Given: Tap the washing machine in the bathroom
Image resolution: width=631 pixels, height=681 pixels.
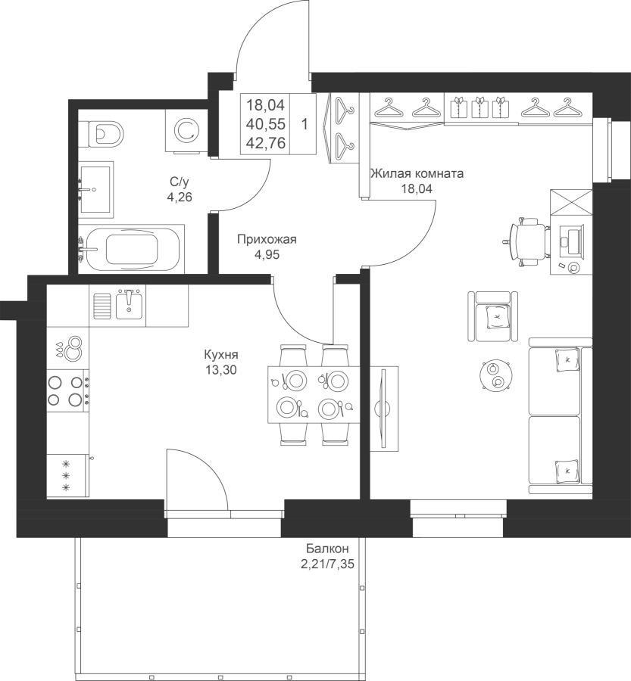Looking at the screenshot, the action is point(186,131).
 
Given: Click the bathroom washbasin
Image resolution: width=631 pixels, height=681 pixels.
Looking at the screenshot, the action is point(96,189).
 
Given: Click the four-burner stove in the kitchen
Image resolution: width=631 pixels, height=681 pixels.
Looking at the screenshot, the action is point(68,390).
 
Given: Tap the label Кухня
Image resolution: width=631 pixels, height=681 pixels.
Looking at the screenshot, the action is point(221,355).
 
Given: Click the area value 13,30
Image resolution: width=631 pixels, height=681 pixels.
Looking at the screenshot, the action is point(222,371).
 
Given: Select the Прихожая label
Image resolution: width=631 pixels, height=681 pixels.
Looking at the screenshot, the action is point(267,239).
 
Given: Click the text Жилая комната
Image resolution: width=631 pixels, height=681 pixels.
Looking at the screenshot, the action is point(417,174).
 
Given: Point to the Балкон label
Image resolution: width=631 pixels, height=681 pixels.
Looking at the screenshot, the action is point(327,548).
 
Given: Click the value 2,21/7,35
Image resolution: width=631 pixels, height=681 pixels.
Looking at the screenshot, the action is point(327,564).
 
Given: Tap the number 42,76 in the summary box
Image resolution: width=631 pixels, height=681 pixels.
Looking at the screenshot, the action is point(266,143).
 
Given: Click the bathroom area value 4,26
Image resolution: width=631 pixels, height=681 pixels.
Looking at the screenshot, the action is point(180,197).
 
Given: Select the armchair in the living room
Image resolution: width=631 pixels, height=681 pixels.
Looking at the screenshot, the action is point(493,316).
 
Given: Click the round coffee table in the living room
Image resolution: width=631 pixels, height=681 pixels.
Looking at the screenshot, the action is point(495,376).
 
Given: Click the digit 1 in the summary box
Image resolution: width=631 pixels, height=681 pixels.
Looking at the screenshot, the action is point(305,125).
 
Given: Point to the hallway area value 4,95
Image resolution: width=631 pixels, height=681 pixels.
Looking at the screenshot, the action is point(267,255).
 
